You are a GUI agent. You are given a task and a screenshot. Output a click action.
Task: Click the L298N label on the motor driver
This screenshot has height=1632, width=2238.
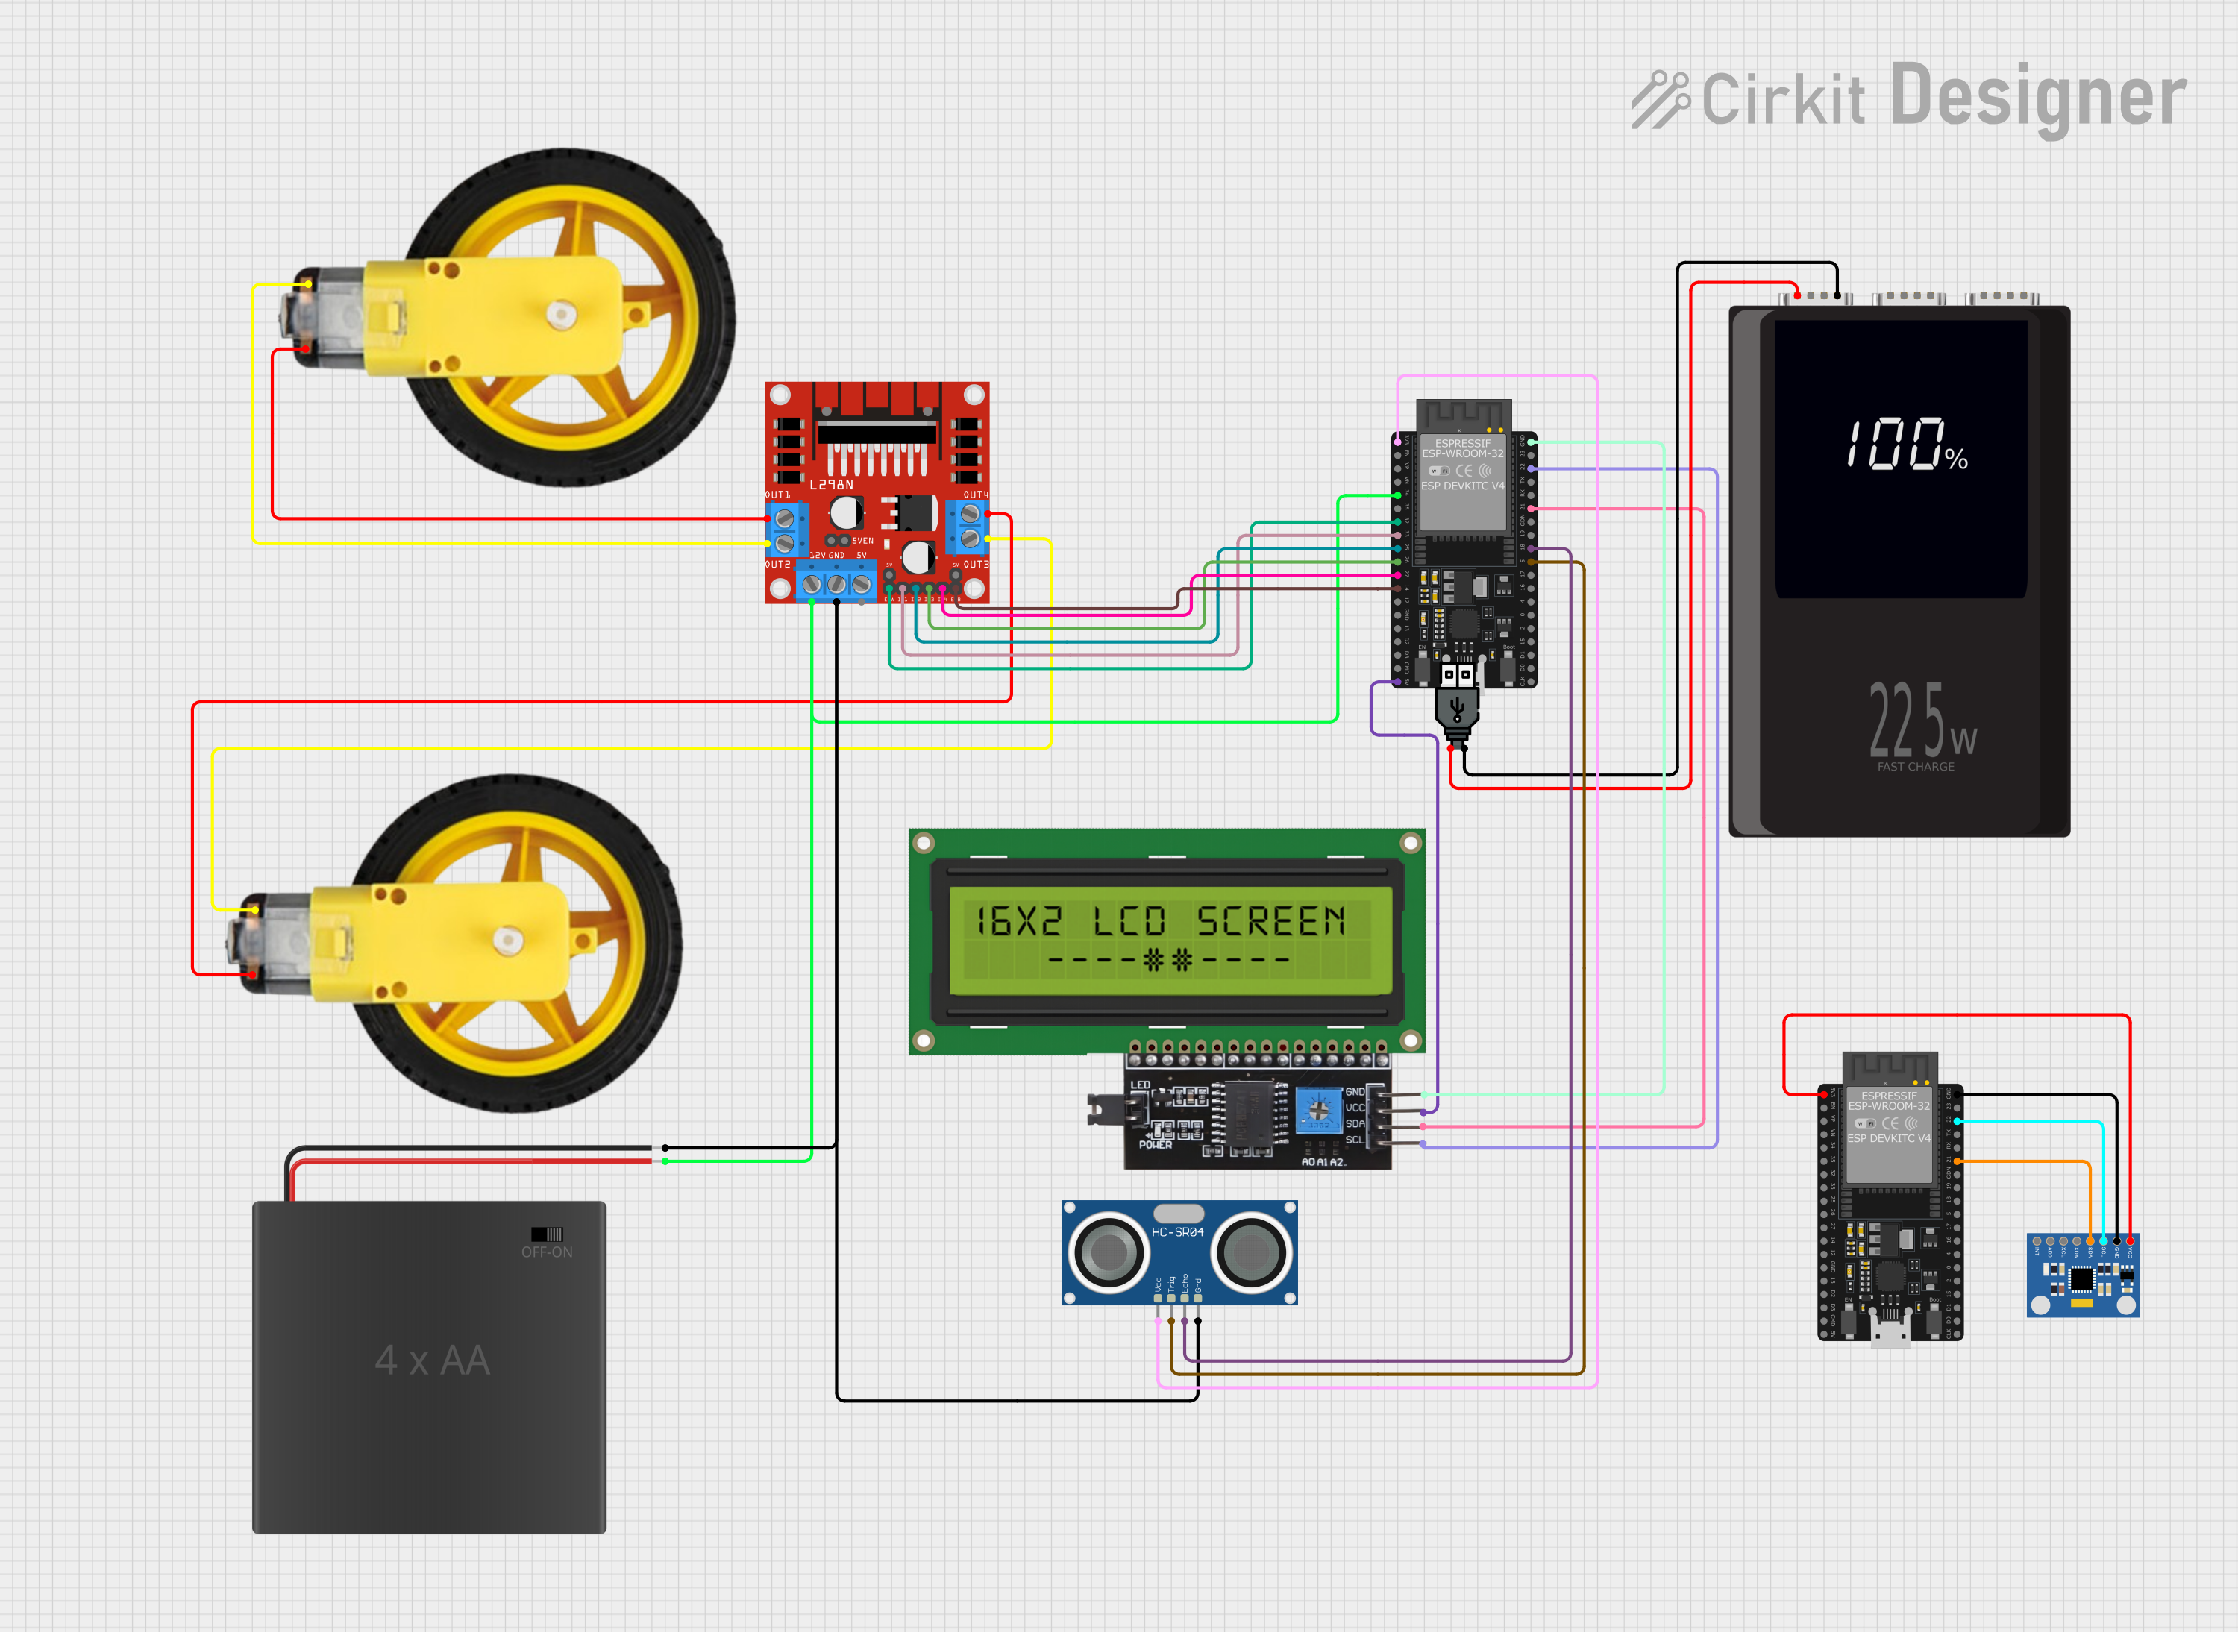coord(831,485)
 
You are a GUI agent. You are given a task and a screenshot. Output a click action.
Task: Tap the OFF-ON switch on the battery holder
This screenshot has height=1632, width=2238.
coord(546,1234)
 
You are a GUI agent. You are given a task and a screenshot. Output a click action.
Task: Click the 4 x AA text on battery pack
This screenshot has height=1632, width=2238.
coord(432,1360)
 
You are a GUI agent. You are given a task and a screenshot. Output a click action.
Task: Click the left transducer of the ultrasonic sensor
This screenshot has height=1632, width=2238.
coord(1108,1252)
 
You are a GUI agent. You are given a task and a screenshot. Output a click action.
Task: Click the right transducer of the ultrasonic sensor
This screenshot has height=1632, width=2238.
coord(1251,1252)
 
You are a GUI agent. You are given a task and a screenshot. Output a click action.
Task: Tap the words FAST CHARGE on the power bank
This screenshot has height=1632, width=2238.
coord(1915,767)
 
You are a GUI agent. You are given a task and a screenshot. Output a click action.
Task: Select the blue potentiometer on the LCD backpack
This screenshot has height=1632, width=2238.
coord(1318,1109)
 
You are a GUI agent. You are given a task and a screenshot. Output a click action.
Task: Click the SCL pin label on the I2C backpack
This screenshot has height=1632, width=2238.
coord(1354,1140)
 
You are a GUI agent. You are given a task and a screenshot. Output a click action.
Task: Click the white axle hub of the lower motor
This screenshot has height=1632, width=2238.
coord(508,941)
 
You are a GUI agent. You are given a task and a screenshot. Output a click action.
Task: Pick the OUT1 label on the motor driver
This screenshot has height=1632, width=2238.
coord(777,494)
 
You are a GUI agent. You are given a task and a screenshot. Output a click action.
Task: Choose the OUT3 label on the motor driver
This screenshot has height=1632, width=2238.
coord(975,564)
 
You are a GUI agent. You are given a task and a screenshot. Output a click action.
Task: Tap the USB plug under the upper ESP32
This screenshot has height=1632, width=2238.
coord(1456,707)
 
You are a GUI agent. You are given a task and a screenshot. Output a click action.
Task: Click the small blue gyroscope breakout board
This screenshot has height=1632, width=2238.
coord(2082,1275)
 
